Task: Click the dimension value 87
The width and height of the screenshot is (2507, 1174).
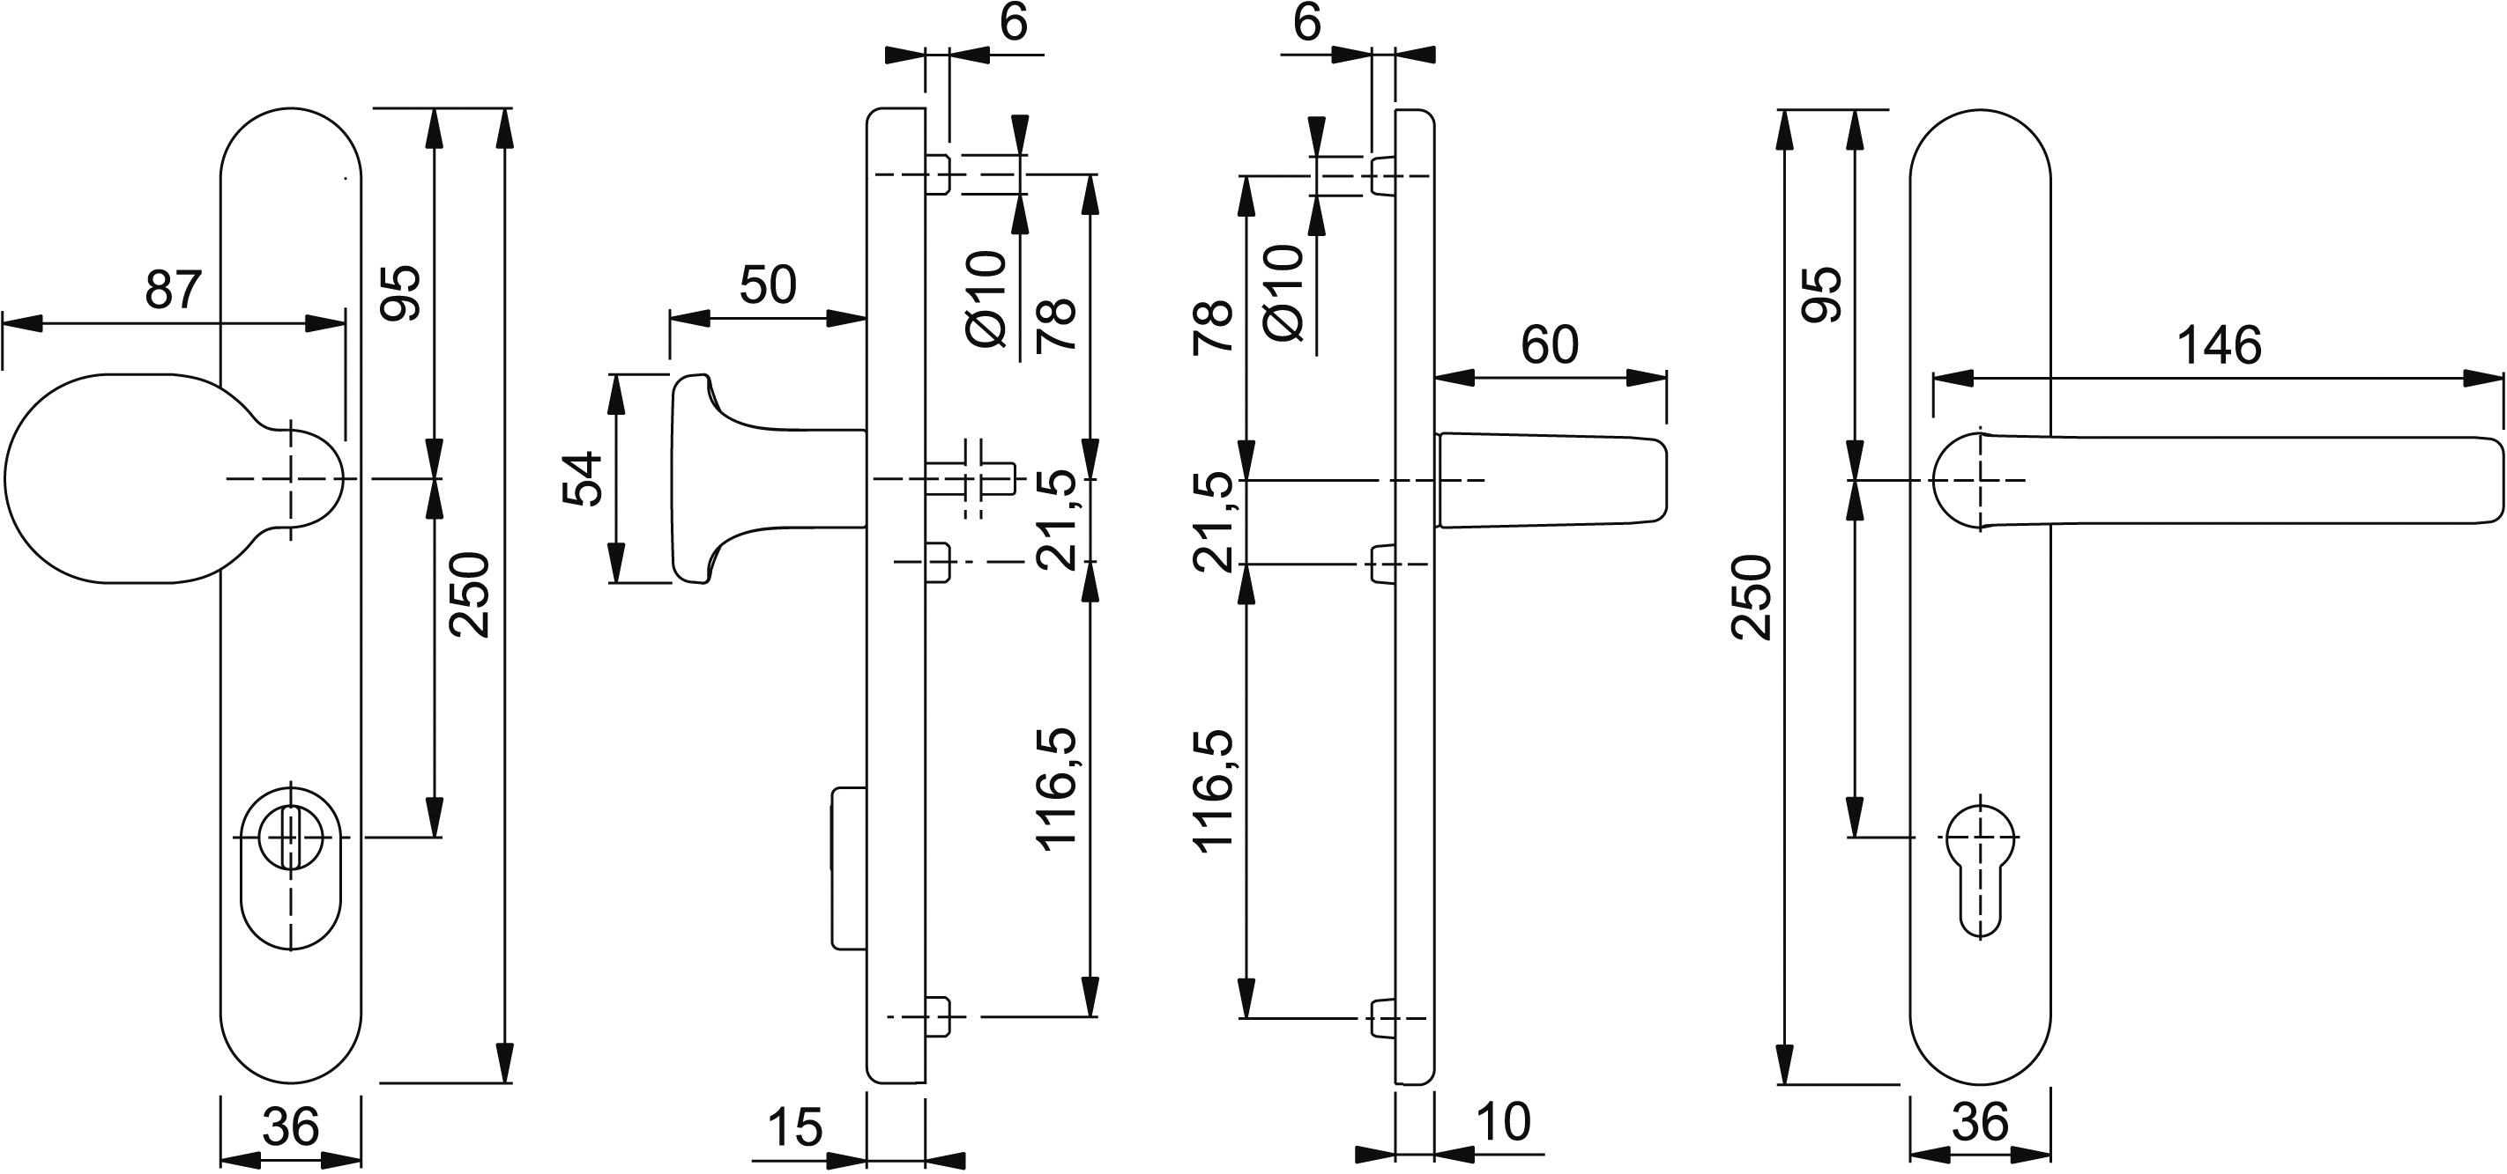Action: click(x=174, y=290)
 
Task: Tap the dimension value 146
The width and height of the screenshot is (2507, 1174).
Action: click(x=2219, y=346)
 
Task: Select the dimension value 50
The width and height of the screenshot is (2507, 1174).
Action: click(x=768, y=285)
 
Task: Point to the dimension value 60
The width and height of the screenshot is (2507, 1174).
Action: click(x=1550, y=345)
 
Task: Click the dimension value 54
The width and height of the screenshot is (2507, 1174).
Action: click(x=584, y=478)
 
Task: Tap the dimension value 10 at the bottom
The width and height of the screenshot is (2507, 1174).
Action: click(x=1504, y=1121)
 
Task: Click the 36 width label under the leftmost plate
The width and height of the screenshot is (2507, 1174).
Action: click(x=290, y=1127)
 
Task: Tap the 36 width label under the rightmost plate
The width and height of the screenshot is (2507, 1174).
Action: click(x=1980, y=1124)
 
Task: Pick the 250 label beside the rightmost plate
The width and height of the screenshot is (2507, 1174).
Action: click(x=1751, y=597)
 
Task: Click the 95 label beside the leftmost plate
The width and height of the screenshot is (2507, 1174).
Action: click(x=400, y=292)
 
